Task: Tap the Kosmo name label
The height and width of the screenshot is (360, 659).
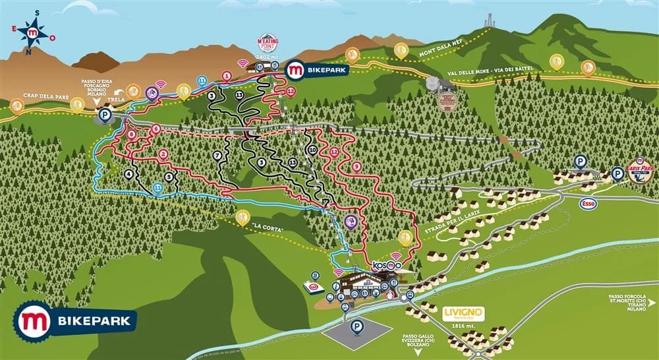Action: point(386,265)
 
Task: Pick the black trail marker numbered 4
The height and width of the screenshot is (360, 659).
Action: point(129,174)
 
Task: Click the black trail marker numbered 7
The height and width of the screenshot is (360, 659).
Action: point(217,155)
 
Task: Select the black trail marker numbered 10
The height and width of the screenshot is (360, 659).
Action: point(312,150)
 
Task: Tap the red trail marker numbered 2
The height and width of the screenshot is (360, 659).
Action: point(162,155)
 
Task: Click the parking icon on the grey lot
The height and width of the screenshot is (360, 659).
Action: point(357,326)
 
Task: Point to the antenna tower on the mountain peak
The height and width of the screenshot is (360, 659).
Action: point(490,21)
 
